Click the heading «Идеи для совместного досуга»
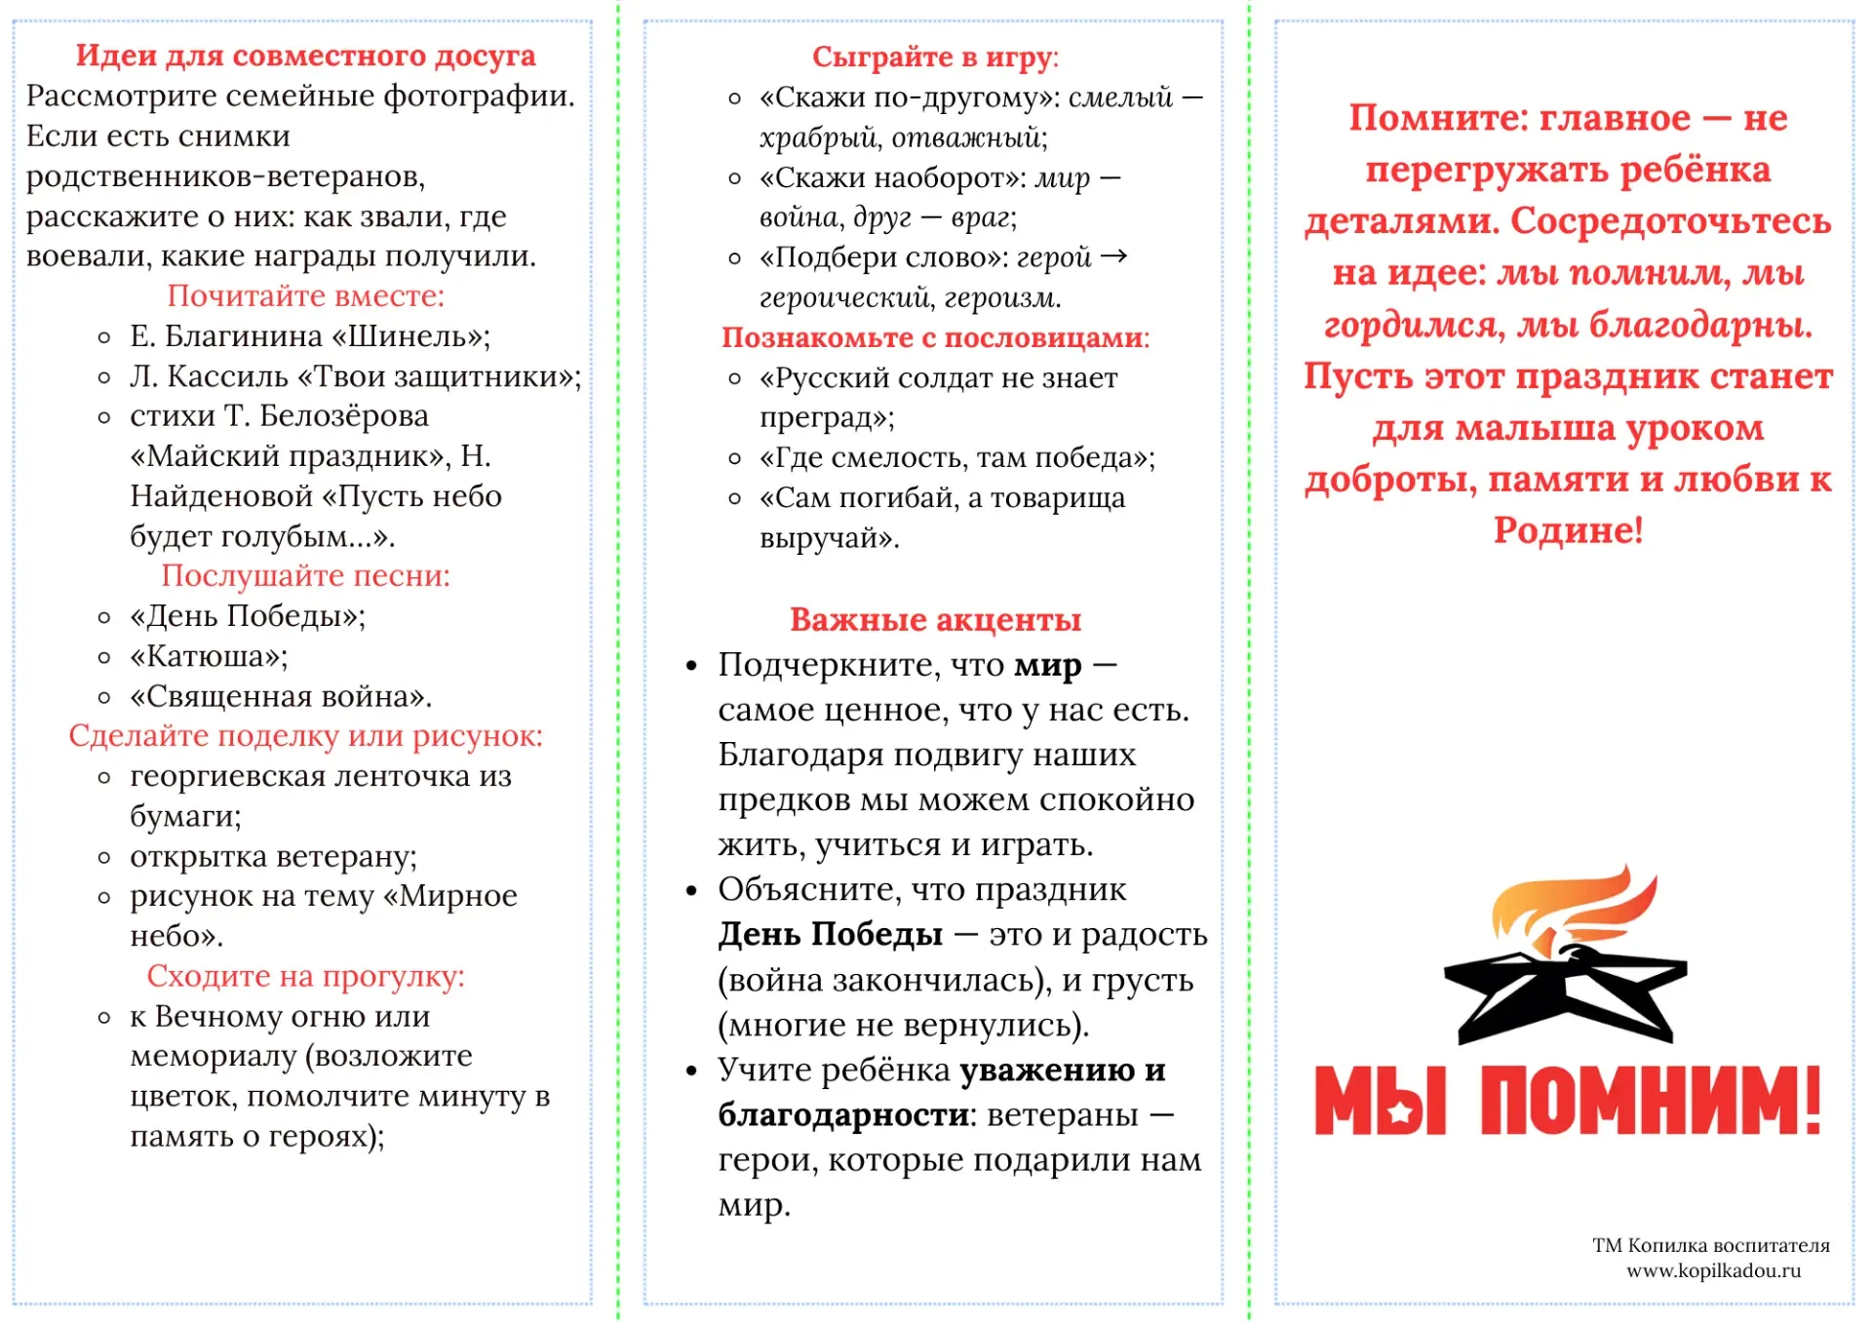pos(305,56)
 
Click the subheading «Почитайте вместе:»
pos(305,295)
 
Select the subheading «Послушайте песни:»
pos(305,576)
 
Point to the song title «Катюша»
pos(209,657)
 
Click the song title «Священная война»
pos(281,697)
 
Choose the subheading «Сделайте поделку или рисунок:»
pos(305,736)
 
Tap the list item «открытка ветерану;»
pos(273,857)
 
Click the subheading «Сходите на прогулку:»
pos(305,976)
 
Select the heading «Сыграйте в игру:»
pos(935,58)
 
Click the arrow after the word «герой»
pos(1113,256)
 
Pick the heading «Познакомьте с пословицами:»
pos(935,337)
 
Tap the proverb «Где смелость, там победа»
pos(956,458)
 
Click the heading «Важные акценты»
pos(935,620)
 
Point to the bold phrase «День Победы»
pos(830,935)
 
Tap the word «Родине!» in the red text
pos(1568,530)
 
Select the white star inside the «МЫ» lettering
pos(1400,1110)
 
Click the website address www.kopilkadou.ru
pos(1713,1271)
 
